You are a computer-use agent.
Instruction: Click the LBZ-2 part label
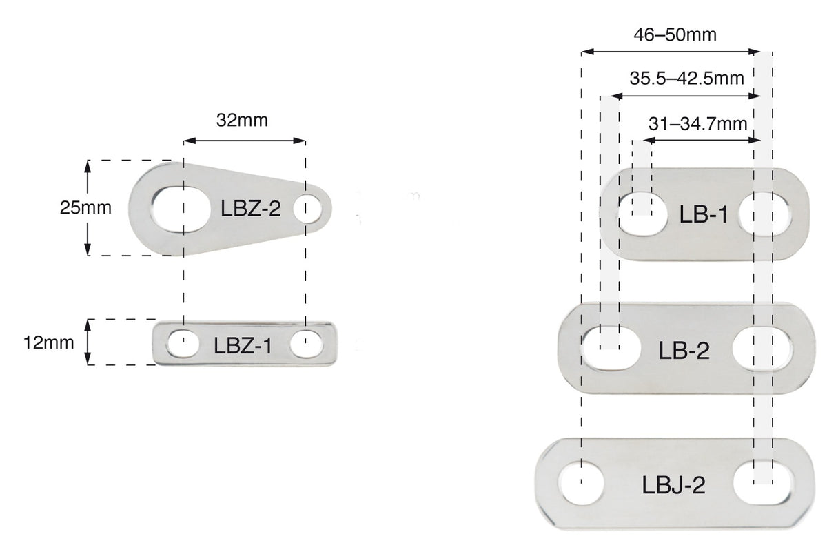250,208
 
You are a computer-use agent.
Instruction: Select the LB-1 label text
704,215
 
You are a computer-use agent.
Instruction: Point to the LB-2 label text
684,351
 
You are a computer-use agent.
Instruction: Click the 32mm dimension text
241,120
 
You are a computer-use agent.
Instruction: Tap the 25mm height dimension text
85,207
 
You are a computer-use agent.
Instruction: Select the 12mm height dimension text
48,342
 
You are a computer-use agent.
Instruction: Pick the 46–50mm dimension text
675,35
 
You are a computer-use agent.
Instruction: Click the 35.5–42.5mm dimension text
686,78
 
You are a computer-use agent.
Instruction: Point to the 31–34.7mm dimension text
698,124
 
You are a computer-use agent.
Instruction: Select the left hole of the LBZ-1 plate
183,342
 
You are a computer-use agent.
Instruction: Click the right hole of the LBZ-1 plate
305,343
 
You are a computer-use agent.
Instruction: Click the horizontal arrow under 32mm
244,141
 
